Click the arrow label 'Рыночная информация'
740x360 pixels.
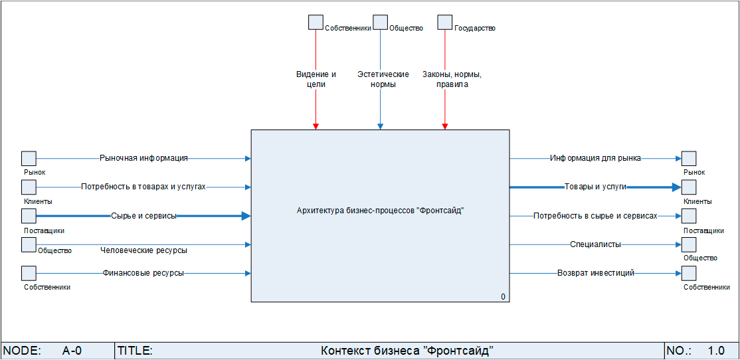[x=143, y=158]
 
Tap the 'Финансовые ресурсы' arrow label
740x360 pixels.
[x=143, y=273]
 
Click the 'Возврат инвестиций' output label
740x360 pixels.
[x=596, y=273]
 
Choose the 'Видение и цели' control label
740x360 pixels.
[x=316, y=79]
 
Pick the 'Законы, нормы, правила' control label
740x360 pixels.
[x=452, y=79]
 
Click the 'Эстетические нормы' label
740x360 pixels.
[x=383, y=79]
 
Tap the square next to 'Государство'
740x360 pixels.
[x=445, y=23]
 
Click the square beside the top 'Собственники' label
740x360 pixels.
[x=316, y=23]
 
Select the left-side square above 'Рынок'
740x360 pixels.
[x=29, y=158]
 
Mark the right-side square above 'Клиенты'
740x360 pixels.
[x=689, y=187]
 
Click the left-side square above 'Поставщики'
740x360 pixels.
[x=29, y=216]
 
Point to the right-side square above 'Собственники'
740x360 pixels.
[x=689, y=273]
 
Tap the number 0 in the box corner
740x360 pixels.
[x=503, y=296]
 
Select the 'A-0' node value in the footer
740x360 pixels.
[x=72, y=351]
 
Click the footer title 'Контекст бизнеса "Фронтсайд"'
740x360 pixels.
[x=407, y=351]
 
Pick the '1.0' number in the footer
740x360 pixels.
[x=716, y=351]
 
